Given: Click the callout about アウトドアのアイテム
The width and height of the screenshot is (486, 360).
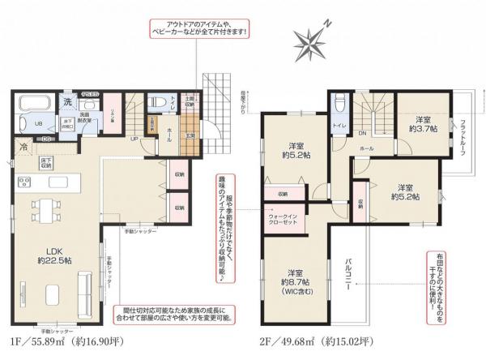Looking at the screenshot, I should coord(196,27).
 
